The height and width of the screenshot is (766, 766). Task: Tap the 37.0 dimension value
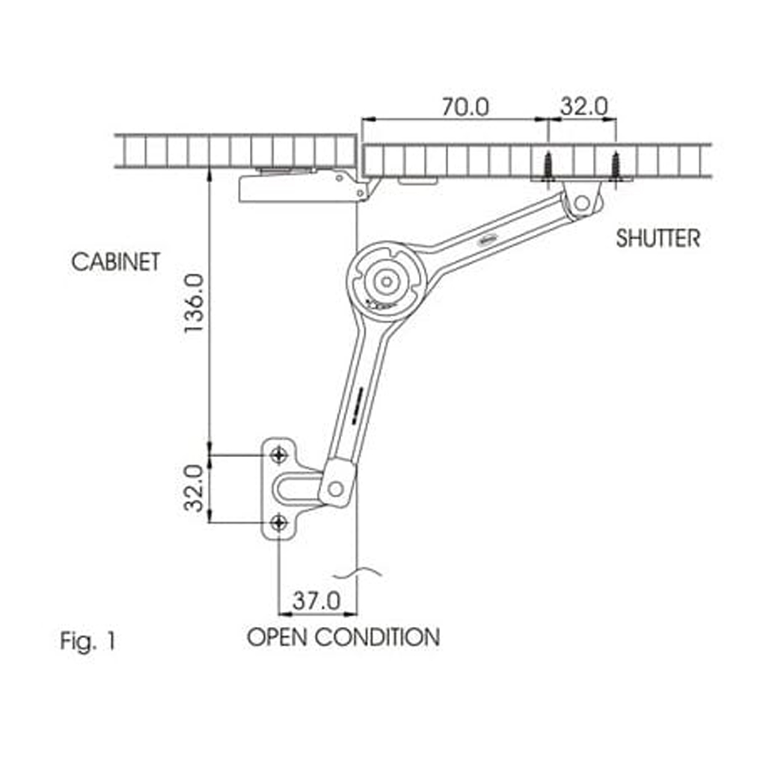[x=316, y=600]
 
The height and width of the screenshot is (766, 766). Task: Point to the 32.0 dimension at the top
[x=584, y=107]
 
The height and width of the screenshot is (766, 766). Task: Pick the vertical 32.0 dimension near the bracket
[x=194, y=488]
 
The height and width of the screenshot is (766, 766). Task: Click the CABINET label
[x=116, y=263]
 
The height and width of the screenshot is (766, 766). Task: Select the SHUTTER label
[x=658, y=239]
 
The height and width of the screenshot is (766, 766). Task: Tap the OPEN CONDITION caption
[x=343, y=638]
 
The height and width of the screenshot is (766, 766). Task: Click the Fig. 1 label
[x=88, y=641]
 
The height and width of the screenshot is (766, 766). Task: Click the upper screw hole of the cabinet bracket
[x=279, y=454]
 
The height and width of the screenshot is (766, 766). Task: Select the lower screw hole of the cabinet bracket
[x=279, y=522]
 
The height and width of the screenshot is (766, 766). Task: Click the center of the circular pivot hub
[x=385, y=282]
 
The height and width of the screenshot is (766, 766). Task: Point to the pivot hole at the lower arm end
[x=335, y=488]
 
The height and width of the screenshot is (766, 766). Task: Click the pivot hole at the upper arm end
[x=583, y=202]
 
